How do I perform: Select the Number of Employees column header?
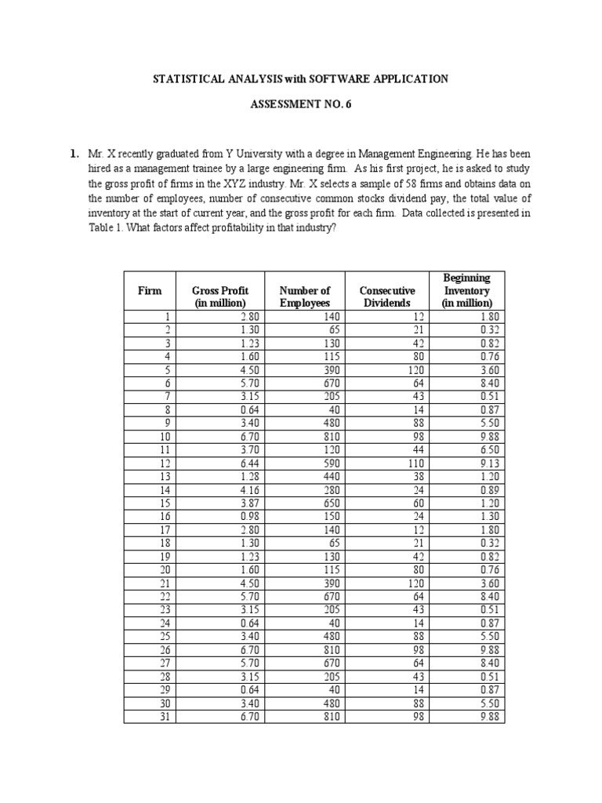click(305, 296)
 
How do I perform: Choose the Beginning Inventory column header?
click(466, 290)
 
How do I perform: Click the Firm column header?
click(150, 290)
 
